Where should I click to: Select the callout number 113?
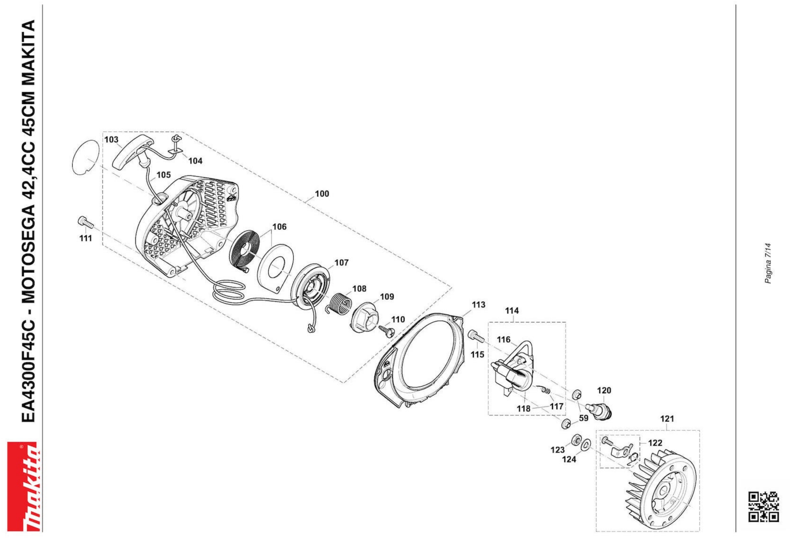(x=478, y=305)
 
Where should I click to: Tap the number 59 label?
(x=583, y=418)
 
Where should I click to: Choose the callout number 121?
(x=667, y=419)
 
